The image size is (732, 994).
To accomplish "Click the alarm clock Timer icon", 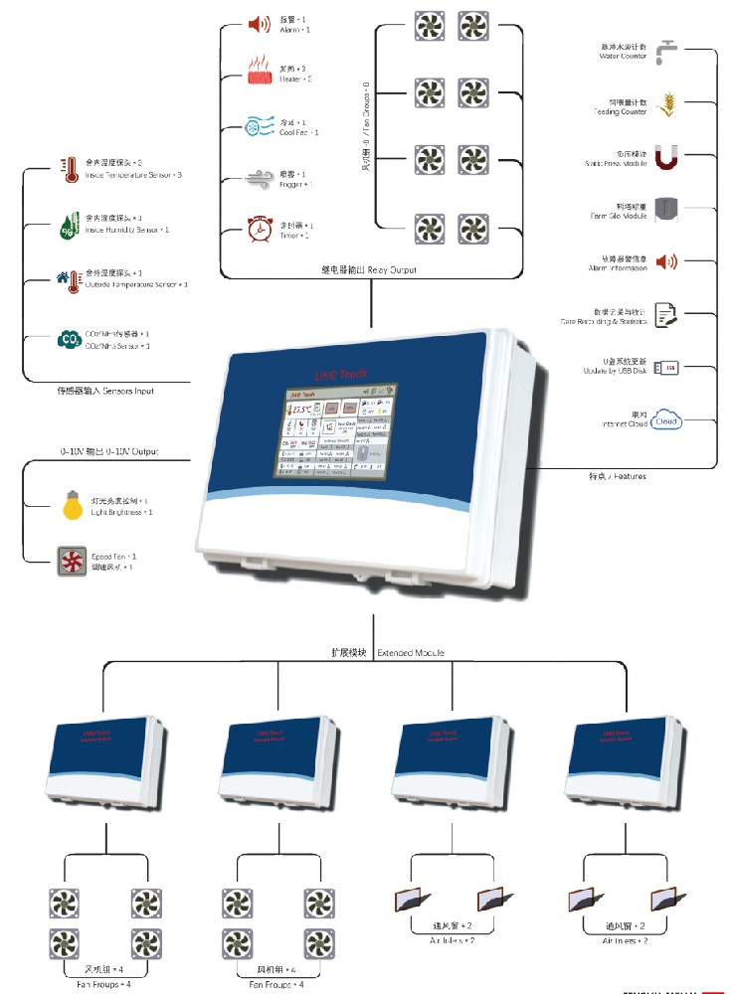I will (260, 230).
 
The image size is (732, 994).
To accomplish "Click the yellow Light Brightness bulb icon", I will (70, 505).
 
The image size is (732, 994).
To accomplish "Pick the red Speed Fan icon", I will (70, 562).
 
